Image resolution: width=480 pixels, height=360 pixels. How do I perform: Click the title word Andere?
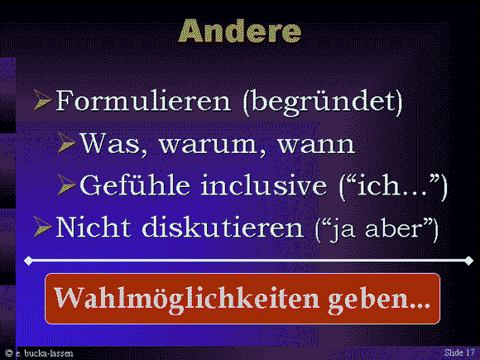(x=240, y=31)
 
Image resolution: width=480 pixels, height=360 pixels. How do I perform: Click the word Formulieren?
(x=143, y=100)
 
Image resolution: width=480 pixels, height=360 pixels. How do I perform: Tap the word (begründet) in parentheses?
(x=323, y=103)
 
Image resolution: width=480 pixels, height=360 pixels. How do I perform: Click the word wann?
(x=316, y=145)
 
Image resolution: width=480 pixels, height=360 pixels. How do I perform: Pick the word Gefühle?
(x=135, y=185)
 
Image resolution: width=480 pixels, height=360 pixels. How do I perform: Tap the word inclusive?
(x=263, y=185)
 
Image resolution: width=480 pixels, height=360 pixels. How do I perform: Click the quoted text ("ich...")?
(x=394, y=186)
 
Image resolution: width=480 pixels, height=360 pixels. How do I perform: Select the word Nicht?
(x=94, y=227)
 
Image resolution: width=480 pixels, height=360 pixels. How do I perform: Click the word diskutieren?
(x=223, y=228)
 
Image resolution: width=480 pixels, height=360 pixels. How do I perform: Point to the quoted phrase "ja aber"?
(x=377, y=228)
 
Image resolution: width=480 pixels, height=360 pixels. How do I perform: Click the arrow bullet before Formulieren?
(x=42, y=100)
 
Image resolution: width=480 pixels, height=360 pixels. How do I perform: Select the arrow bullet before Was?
(x=66, y=142)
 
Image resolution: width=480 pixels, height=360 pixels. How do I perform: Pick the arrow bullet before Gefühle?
(x=66, y=185)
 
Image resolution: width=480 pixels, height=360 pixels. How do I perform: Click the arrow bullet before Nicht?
(x=42, y=227)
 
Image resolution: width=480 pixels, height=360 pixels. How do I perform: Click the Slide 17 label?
(x=459, y=353)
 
